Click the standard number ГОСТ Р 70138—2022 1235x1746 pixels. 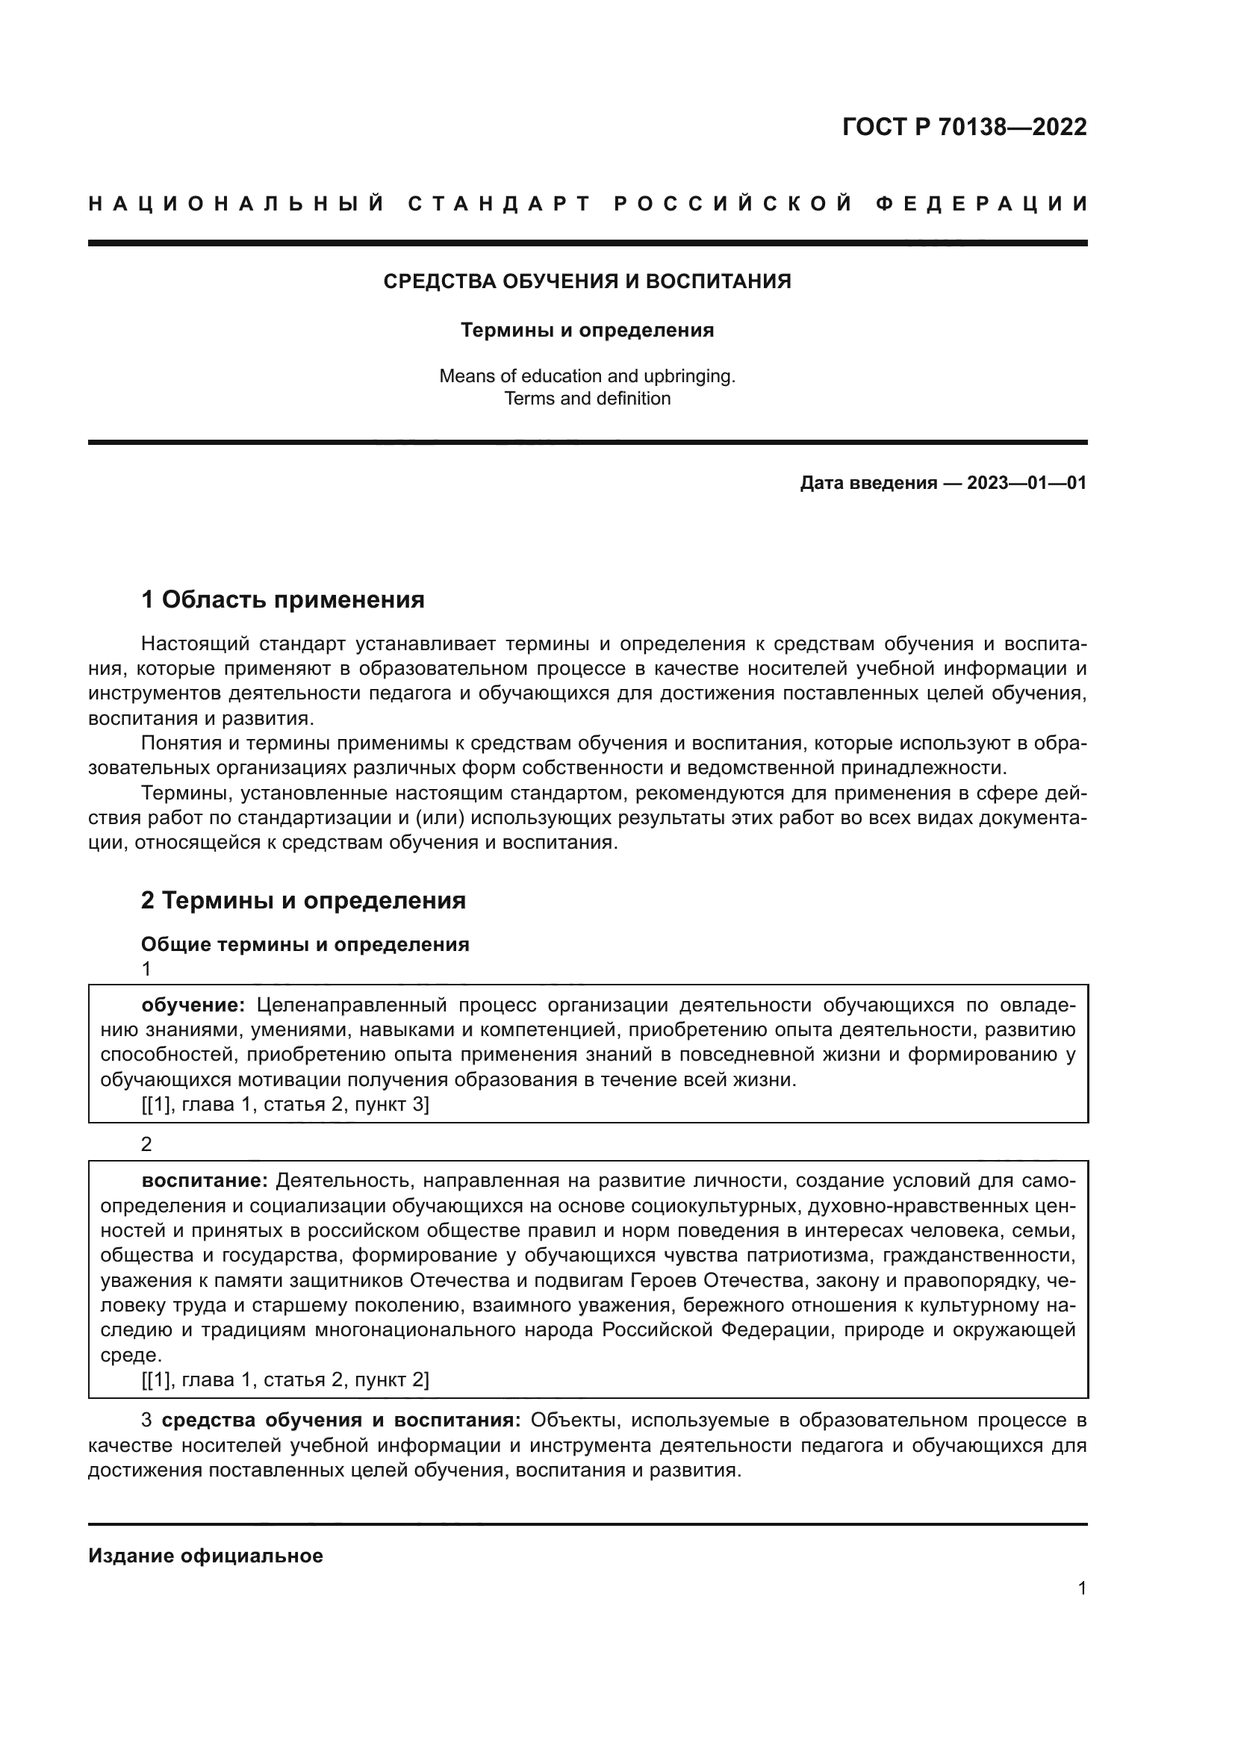click(x=964, y=127)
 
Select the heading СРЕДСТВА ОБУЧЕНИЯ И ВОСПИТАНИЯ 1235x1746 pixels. click(x=587, y=281)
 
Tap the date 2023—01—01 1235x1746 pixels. click(x=1027, y=483)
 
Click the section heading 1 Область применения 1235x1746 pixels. click(x=283, y=600)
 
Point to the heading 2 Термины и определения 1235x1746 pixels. click(x=303, y=900)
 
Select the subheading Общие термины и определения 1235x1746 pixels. click(x=305, y=944)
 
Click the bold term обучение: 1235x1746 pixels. click(x=193, y=1005)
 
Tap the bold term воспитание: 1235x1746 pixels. click(x=205, y=1180)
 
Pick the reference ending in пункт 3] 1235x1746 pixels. click(x=285, y=1104)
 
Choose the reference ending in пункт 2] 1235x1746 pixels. click(x=285, y=1379)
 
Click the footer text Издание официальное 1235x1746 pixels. click(x=205, y=1556)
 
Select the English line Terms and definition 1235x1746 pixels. click(x=587, y=399)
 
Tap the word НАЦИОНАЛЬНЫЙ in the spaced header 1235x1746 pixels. click(x=237, y=204)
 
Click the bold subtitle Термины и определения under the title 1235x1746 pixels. click(x=587, y=330)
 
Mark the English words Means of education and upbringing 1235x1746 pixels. click(x=587, y=375)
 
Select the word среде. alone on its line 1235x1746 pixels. click(x=120, y=1354)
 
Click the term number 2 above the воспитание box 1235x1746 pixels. click(x=147, y=1144)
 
